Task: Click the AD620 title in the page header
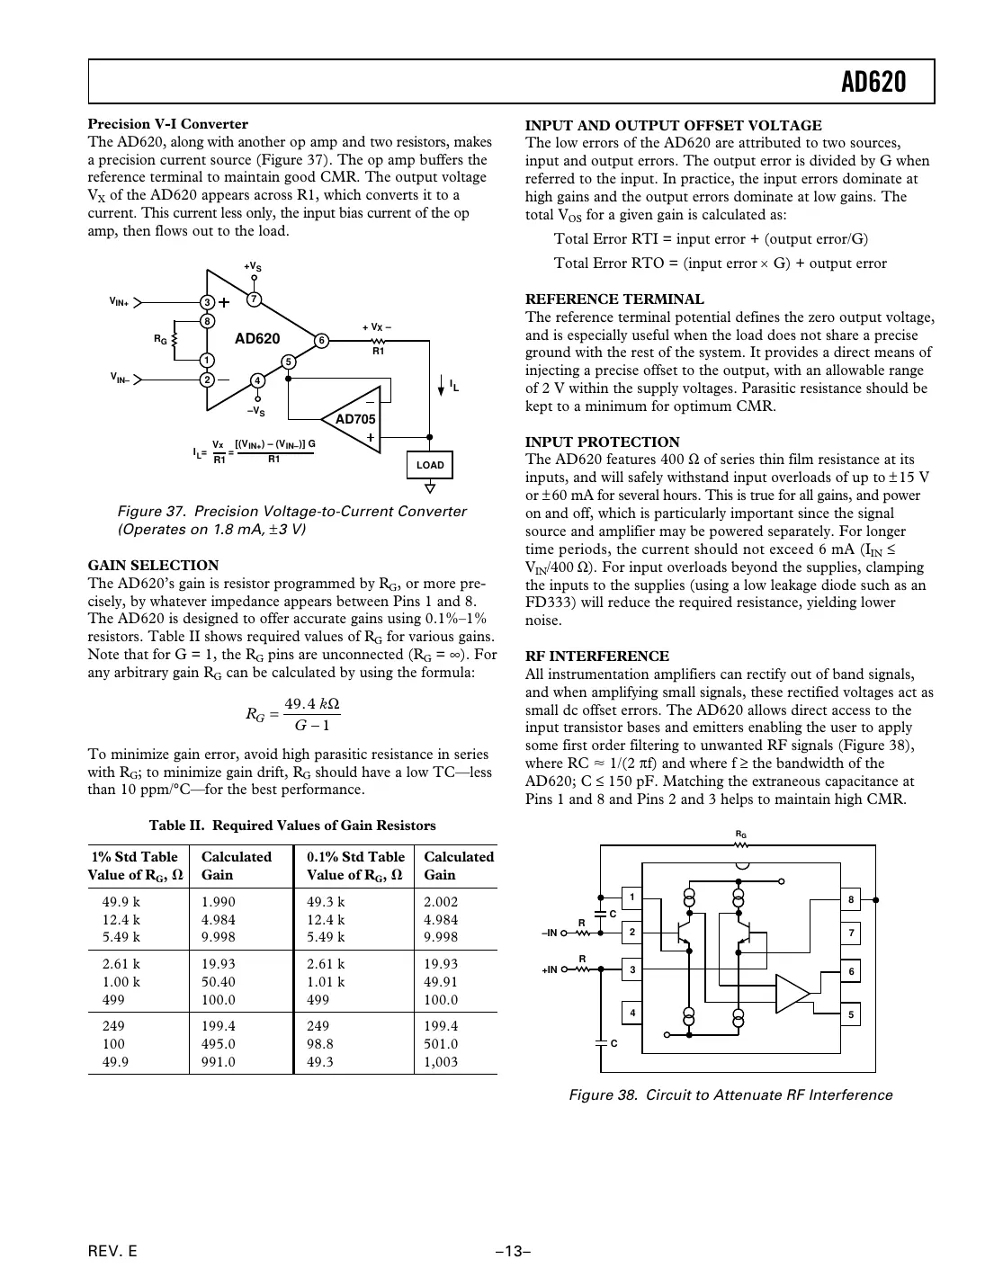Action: (873, 83)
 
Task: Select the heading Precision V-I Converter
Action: (167, 124)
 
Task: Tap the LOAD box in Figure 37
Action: (430, 465)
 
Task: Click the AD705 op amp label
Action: (355, 419)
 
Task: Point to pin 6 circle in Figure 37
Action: (320, 340)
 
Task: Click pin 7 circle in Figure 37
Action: (254, 299)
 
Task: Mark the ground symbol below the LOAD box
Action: (430, 488)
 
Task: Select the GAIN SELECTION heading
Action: (153, 565)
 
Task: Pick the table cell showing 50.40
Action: (219, 982)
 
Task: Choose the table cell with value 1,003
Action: (442, 1062)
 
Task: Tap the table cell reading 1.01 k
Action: (326, 982)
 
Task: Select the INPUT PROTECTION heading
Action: (602, 442)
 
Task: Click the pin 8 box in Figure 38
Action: (850, 898)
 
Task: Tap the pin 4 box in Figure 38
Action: (632, 1014)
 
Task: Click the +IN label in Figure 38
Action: (549, 969)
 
